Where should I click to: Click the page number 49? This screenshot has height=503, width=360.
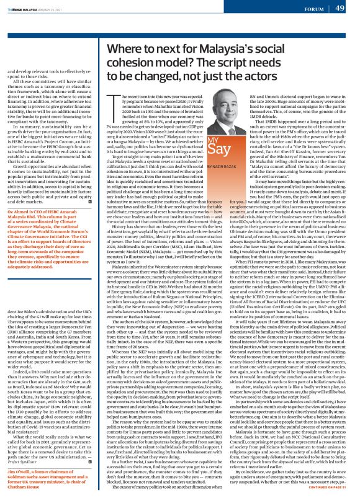coord(340,8)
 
